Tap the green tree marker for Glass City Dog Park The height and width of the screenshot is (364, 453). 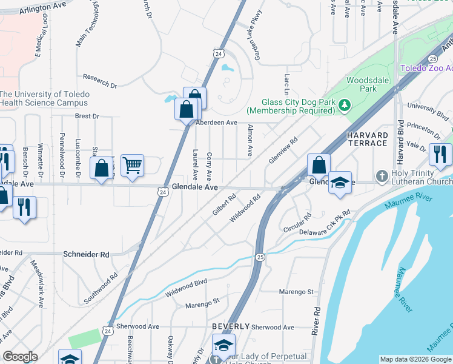pos(345,106)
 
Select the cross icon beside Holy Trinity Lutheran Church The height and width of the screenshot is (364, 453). pos(382,177)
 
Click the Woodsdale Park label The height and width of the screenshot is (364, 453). pos(362,84)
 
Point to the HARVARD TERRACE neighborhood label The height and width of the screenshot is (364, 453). pos(367,138)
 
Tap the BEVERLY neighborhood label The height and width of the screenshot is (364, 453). pos(231,326)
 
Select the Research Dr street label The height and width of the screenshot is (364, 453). pos(100,81)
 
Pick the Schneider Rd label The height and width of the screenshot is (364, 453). pos(86,255)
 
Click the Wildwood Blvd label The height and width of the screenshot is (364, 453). pos(187,288)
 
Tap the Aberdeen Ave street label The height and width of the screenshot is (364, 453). pos(216,123)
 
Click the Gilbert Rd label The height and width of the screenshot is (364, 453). pos(223,204)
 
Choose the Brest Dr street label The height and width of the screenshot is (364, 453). pos(87,116)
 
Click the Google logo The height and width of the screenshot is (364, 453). pos(20,357)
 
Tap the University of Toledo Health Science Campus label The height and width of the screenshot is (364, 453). pos(45,98)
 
